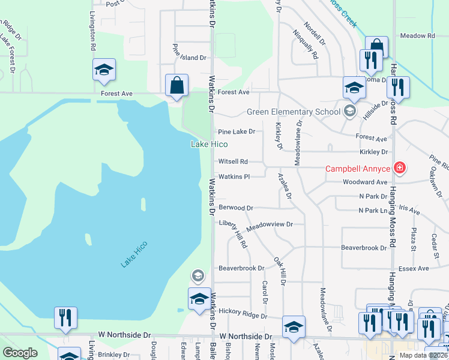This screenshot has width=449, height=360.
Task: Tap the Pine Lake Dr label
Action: [x=237, y=131]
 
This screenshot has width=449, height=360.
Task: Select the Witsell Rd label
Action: [x=233, y=161]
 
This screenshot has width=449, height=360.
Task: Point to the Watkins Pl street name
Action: [x=234, y=176]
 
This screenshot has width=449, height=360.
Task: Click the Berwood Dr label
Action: [x=236, y=208]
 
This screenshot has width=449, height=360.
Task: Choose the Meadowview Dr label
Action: [x=269, y=224]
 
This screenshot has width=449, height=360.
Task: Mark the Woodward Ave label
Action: [x=365, y=182]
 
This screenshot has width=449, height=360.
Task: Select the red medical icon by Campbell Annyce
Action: [x=399, y=168]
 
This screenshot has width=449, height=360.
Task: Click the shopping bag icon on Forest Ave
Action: [x=178, y=86]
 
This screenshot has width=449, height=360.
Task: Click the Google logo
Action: [x=20, y=353]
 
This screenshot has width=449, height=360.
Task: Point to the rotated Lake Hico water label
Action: [x=134, y=254]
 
